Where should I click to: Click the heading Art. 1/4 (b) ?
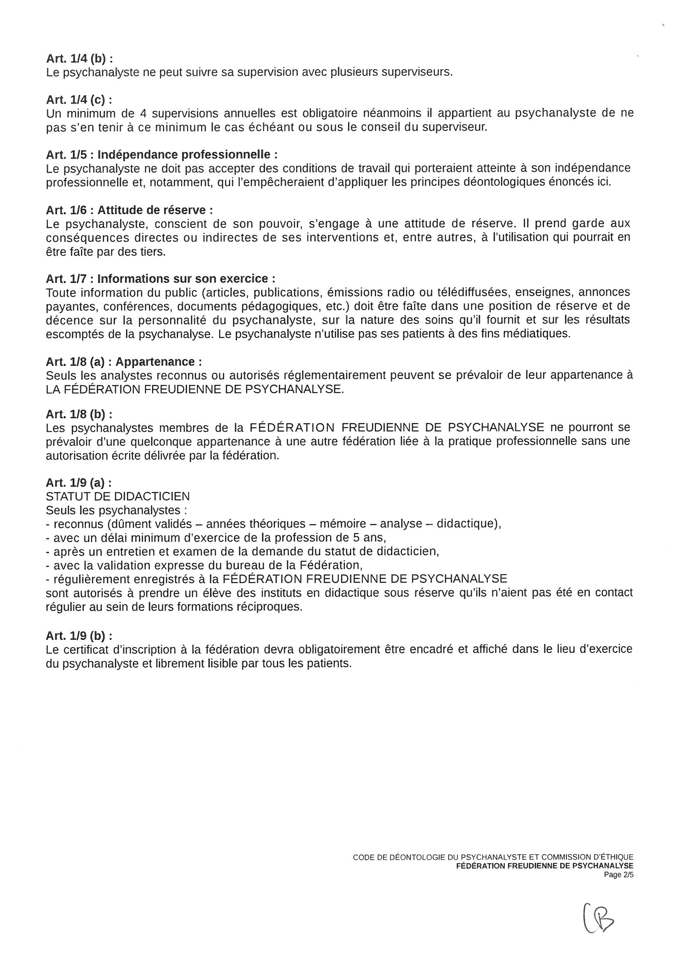tap(79, 59)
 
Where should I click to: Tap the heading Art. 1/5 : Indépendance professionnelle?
tap(161, 155)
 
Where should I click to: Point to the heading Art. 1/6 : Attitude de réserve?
tap(129, 210)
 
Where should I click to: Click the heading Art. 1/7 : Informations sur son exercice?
tap(161, 278)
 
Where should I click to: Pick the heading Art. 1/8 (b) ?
tap(79, 414)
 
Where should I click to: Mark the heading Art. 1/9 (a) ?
tap(79, 483)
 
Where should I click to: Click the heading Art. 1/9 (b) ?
tap(79, 636)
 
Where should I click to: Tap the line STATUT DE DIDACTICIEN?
tap(118, 497)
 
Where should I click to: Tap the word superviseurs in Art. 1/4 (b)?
tap(417, 72)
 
